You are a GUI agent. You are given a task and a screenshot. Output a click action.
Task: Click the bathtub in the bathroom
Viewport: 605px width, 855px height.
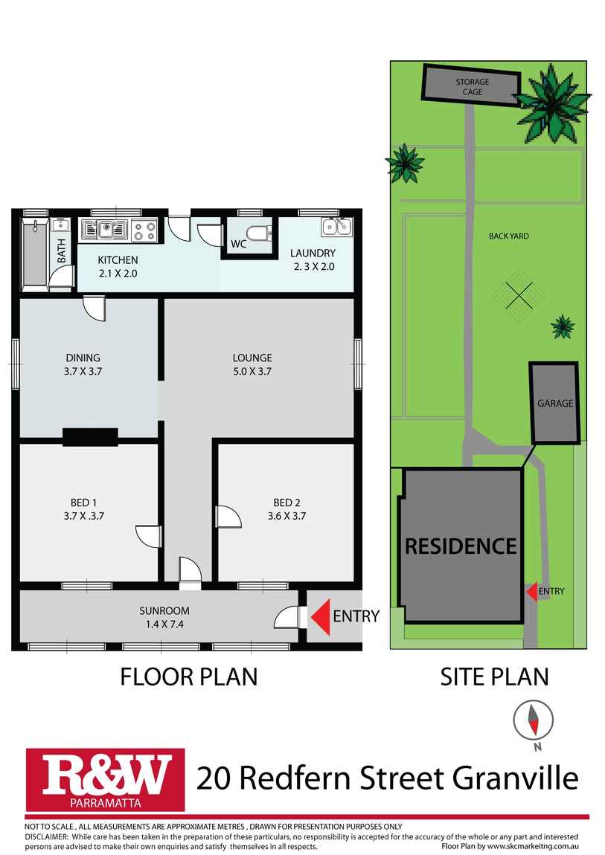pos(34,252)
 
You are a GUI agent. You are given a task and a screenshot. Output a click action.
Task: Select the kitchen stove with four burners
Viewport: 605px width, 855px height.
pos(145,231)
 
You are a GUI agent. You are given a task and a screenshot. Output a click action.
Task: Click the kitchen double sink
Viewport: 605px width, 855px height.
pos(106,230)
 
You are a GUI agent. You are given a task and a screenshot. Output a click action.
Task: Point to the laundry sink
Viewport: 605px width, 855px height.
pos(336,227)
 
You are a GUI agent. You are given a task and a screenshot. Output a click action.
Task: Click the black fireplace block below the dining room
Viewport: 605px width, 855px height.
pos(90,437)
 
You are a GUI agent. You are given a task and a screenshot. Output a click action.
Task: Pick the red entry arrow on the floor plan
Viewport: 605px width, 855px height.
pos(319,616)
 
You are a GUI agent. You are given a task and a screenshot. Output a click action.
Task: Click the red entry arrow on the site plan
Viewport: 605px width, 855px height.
pos(531,591)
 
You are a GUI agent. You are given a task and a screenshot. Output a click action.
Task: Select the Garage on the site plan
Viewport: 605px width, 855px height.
pos(555,403)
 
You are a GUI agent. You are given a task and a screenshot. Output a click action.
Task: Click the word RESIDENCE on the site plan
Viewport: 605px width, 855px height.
pos(460,546)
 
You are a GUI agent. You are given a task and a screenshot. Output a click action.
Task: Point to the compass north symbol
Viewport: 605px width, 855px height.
pos(534,720)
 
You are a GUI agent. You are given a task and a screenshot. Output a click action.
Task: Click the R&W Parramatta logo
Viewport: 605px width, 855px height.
pos(105,778)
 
